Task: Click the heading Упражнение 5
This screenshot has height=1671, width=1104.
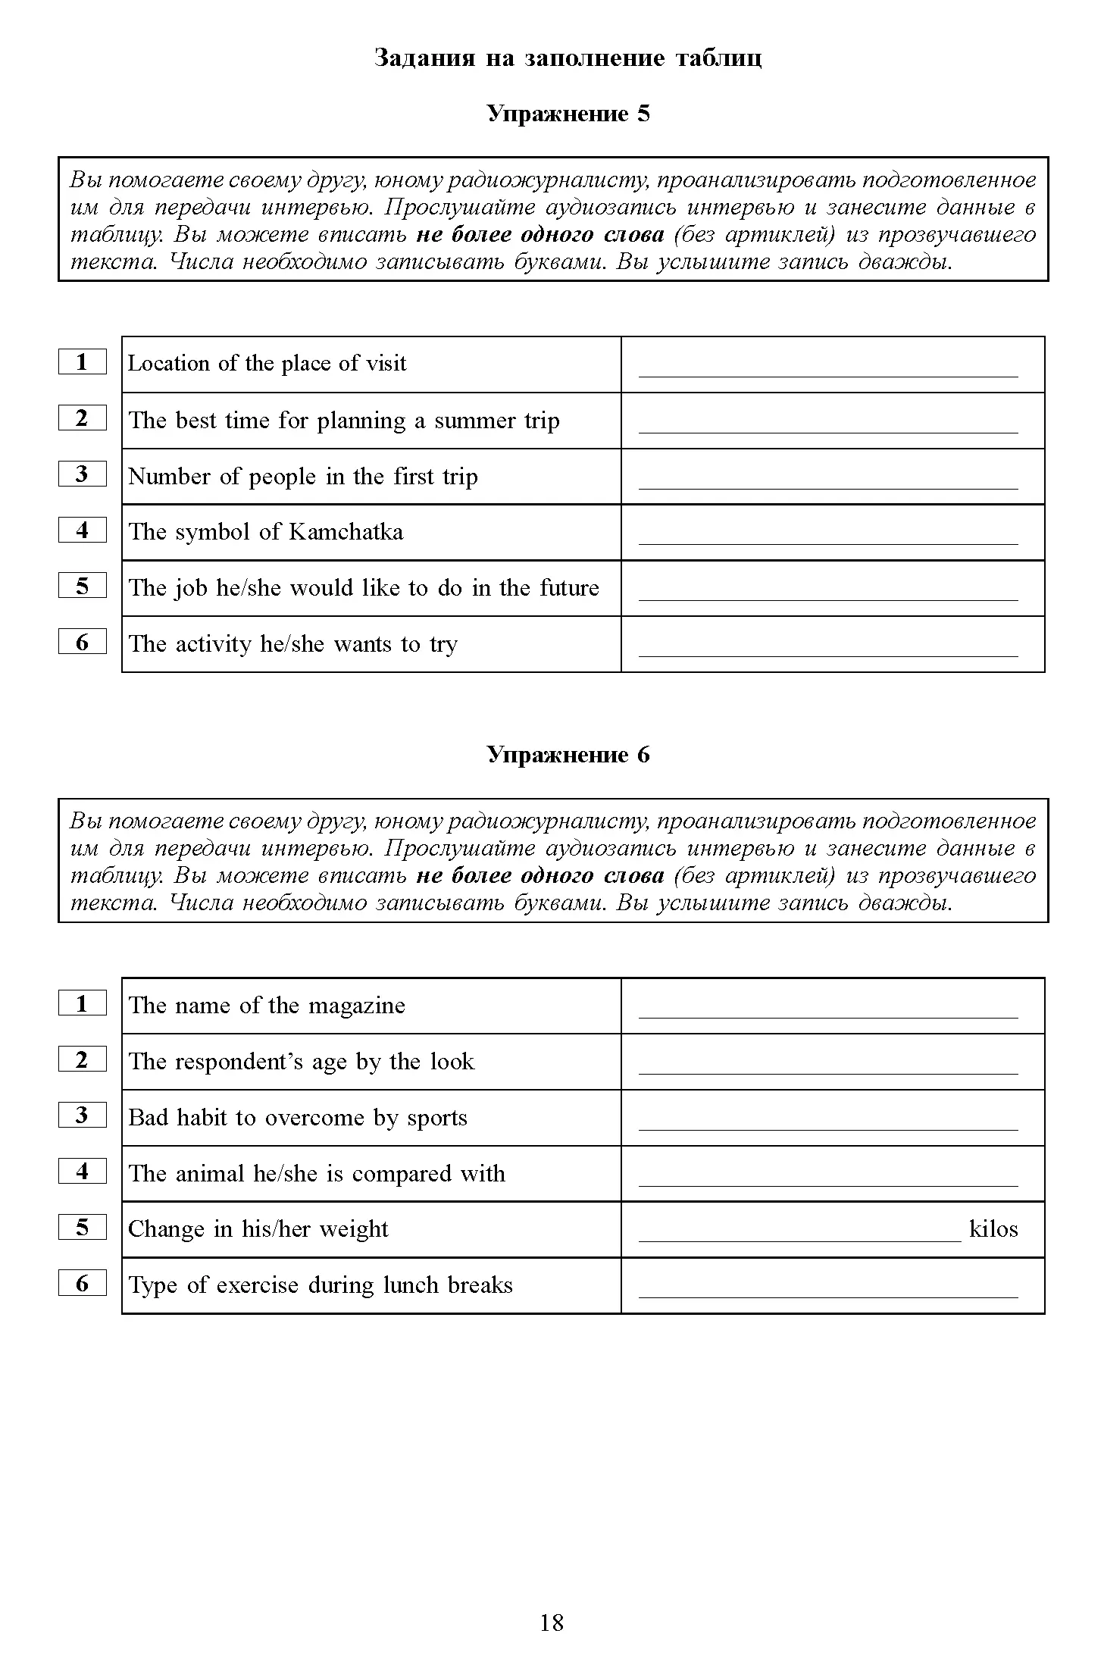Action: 568,114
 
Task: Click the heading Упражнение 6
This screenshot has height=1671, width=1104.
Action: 568,755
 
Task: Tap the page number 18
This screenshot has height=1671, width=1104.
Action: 552,1622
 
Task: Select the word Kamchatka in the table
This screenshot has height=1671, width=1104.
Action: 346,532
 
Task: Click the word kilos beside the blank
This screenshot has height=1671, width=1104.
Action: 993,1228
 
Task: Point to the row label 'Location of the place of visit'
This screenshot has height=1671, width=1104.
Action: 267,364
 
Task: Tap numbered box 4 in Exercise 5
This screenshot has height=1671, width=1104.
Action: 82,530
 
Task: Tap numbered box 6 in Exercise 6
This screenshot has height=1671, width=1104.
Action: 82,1284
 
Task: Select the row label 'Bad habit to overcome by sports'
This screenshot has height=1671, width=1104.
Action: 298,1118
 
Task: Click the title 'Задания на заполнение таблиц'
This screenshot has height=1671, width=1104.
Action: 568,58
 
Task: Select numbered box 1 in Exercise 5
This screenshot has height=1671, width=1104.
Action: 82,361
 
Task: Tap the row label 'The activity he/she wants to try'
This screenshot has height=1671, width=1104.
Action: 292,644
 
